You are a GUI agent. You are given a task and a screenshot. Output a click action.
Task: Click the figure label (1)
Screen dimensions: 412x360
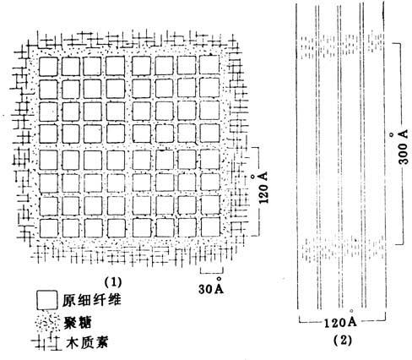(113, 281)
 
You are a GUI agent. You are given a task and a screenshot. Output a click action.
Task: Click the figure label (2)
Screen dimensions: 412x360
(343, 341)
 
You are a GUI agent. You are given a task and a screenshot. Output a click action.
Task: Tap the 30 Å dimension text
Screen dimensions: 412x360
(211, 286)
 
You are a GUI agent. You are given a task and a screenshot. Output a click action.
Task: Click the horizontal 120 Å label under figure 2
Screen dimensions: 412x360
(340, 319)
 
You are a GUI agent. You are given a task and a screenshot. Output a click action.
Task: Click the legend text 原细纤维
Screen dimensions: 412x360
(92, 300)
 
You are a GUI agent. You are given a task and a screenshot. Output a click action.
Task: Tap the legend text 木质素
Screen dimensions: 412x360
(87, 342)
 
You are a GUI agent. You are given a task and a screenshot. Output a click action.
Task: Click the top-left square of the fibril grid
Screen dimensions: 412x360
(48, 67)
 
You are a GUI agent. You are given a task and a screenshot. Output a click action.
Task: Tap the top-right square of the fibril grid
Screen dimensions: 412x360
(209, 64)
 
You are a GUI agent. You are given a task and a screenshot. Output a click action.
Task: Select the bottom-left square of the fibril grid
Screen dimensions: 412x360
(49, 228)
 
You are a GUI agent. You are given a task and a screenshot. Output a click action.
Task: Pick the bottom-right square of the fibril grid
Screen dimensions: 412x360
(211, 227)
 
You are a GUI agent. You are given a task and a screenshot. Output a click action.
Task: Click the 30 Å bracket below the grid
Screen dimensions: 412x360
(212, 271)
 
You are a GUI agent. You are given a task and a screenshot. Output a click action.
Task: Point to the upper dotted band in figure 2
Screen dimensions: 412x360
(342, 46)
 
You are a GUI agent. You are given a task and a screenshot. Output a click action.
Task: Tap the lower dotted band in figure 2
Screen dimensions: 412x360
(344, 248)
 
